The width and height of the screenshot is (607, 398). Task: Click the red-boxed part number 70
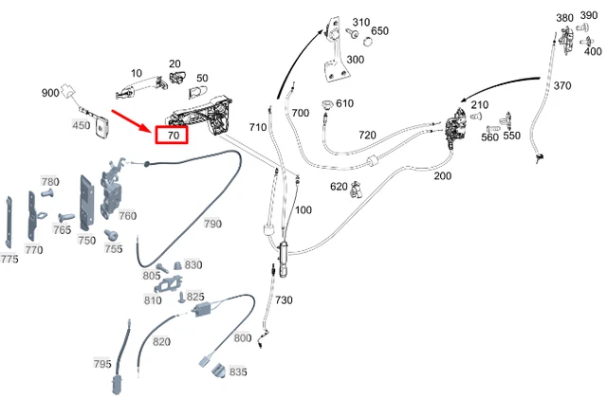pos(174,136)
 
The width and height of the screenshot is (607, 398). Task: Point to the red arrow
pos(131,121)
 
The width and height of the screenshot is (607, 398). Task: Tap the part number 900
pos(50,93)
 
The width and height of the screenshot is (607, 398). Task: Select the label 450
pos(81,125)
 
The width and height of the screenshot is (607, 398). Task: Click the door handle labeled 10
pos(142,88)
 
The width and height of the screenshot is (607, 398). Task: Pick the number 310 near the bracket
pos(360,23)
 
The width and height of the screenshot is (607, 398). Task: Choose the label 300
pos(355,60)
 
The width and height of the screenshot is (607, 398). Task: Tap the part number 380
pos(564,18)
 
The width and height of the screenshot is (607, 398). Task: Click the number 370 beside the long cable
pos(562,85)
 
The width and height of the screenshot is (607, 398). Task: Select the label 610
pos(344,103)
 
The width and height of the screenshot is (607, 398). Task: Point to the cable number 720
pos(367,135)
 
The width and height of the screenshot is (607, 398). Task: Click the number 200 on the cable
pos(443,176)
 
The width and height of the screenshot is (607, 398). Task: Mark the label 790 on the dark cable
pos(212,224)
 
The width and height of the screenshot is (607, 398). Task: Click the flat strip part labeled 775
pos(9,223)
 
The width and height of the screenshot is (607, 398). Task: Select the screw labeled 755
pos(111,234)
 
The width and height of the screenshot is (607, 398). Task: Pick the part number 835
pos(238,371)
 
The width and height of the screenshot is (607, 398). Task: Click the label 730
pos(284,300)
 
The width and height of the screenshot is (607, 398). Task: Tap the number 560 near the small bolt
pos(489,137)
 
